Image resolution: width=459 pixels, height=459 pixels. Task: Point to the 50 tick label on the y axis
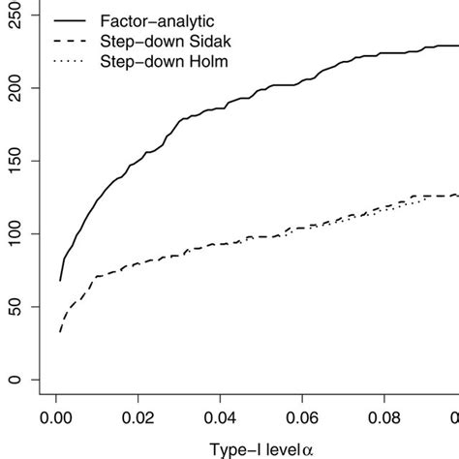[14, 307]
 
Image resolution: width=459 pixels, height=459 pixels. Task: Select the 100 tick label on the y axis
[14, 233]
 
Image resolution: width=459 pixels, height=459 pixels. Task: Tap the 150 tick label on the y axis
[14, 161]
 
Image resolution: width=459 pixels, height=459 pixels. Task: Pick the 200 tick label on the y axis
[14, 88]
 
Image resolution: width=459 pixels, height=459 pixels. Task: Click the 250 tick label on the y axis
[14, 16]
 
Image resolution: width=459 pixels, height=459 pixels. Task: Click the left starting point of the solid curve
[60, 280]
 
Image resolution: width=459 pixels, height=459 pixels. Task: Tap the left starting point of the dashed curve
[60, 332]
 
